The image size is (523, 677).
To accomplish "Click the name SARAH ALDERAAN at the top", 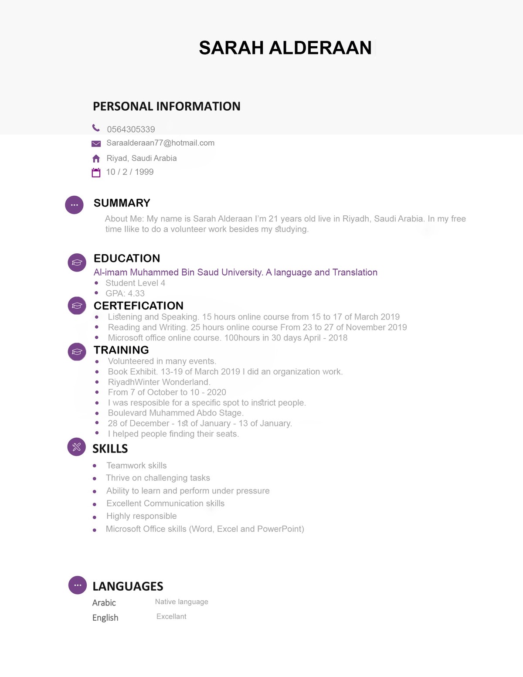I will click(x=285, y=48).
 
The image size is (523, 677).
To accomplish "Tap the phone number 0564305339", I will click(x=131, y=129).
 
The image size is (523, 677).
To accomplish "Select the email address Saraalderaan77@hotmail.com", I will click(x=160, y=143).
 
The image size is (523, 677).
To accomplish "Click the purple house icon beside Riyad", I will click(x=96, y=159).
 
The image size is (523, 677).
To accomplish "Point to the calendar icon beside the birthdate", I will click(x=96, y=173).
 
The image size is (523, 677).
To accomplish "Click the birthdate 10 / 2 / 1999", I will click(x=130, y=172).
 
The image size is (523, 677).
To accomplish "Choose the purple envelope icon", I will click(x=96, y=144).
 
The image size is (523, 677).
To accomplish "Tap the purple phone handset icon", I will click(x=96, y=128).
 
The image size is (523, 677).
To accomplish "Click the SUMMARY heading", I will click(x=122, y=203).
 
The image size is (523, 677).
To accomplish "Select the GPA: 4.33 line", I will click(x=125, y=293).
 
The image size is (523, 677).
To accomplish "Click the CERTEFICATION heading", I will click(x=139, y=306).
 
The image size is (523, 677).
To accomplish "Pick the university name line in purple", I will click(x=235, y=272).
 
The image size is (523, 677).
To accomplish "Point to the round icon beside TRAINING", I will click(x=77, y=351).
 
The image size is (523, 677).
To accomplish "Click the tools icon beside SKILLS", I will click(x=77, y=447).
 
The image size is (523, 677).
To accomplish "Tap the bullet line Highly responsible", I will click(x=142, y=516).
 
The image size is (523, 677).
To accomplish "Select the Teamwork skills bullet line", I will click(x=136, y=466).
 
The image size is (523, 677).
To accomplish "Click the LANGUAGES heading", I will click(x=128, y=586).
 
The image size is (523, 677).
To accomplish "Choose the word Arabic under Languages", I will click(x=104, y=603).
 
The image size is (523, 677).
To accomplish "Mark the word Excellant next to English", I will click(x=171, y=616).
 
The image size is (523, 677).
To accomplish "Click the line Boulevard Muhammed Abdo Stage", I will click(x=176, y=413).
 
